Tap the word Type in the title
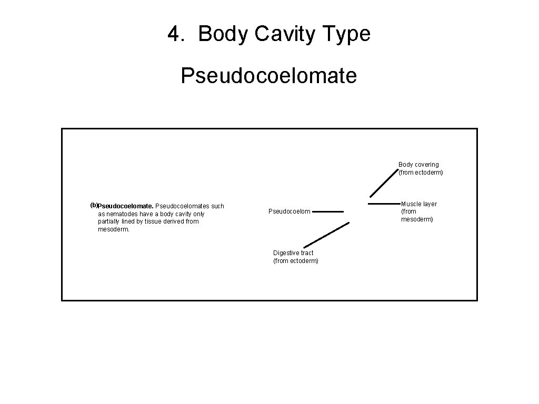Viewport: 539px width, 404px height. point(347,34)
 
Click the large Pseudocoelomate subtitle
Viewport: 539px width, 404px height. point(269,75)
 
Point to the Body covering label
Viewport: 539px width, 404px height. point(418,165)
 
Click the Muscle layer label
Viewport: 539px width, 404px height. point(419,204)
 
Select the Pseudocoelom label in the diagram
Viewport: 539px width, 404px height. point(290,211)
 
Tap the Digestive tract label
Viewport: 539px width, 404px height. point(293,253)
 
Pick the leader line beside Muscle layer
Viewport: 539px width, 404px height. point(385,203)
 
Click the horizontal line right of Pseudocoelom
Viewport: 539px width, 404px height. point(331,211)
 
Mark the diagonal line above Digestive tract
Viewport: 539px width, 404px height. point(326,235)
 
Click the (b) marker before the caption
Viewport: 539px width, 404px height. point(94,205)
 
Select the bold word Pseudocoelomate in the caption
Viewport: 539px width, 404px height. point(125,206)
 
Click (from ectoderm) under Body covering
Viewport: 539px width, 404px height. point(421,173)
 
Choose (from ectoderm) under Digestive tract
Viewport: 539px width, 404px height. point(296,261)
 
